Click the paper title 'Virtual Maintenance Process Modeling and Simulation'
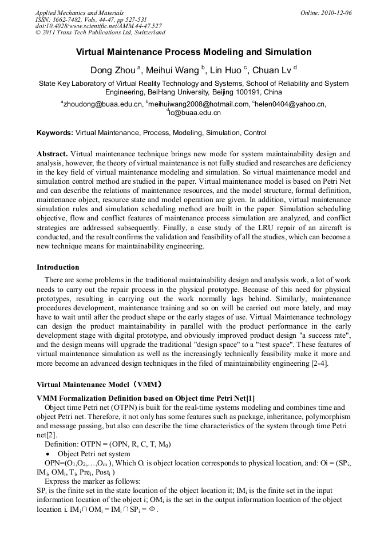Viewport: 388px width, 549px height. point(193,52)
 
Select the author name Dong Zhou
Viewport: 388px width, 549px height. point(111,70)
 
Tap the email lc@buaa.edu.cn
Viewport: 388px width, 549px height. point(195,113)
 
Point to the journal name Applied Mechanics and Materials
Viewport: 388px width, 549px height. point(79,13)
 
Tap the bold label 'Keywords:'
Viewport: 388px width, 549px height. point(55,133)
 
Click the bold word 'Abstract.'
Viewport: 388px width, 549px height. point(53,154)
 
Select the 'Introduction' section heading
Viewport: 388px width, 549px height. point(58,267)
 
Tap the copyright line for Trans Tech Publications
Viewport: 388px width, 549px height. point(100,33)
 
